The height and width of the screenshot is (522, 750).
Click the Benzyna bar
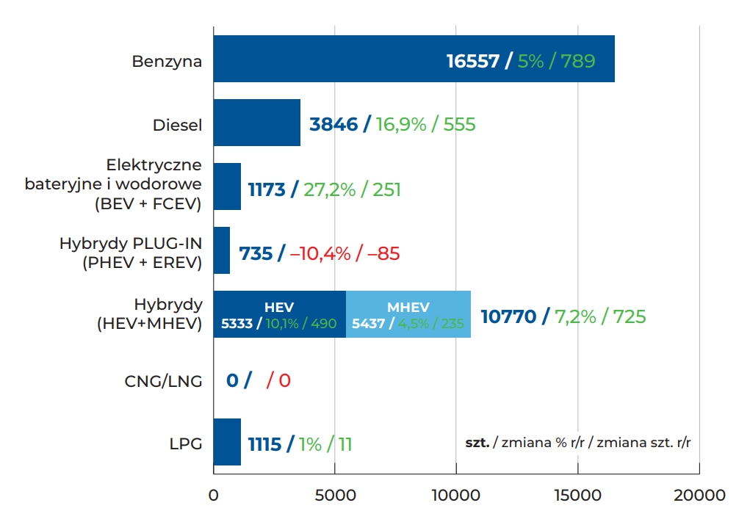click(x=331, y=60)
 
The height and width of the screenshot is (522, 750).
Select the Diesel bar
click(x=257, y=123)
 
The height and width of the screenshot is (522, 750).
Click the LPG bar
click(x=227, y=442)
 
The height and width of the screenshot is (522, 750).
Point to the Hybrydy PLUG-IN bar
click(x=222, y=250)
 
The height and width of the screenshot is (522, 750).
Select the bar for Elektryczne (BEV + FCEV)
click(x=227, y=187)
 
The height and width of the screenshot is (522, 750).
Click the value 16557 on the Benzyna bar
click(x=472, y=61)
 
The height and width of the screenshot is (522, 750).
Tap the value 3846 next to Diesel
click(x=333, y=124)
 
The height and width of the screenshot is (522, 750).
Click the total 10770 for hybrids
click(x=508, y=317)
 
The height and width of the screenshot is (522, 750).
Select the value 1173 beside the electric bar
click(x=266, y=190)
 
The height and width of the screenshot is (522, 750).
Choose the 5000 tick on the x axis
click(x=335, y=495)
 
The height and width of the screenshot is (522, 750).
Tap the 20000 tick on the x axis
click(x=699, y=495)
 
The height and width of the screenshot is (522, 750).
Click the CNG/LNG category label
click(x=163, y=381)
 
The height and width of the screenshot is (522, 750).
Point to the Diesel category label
click(x=177, y=125)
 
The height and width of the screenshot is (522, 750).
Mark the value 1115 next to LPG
click(x=264, y=444)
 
